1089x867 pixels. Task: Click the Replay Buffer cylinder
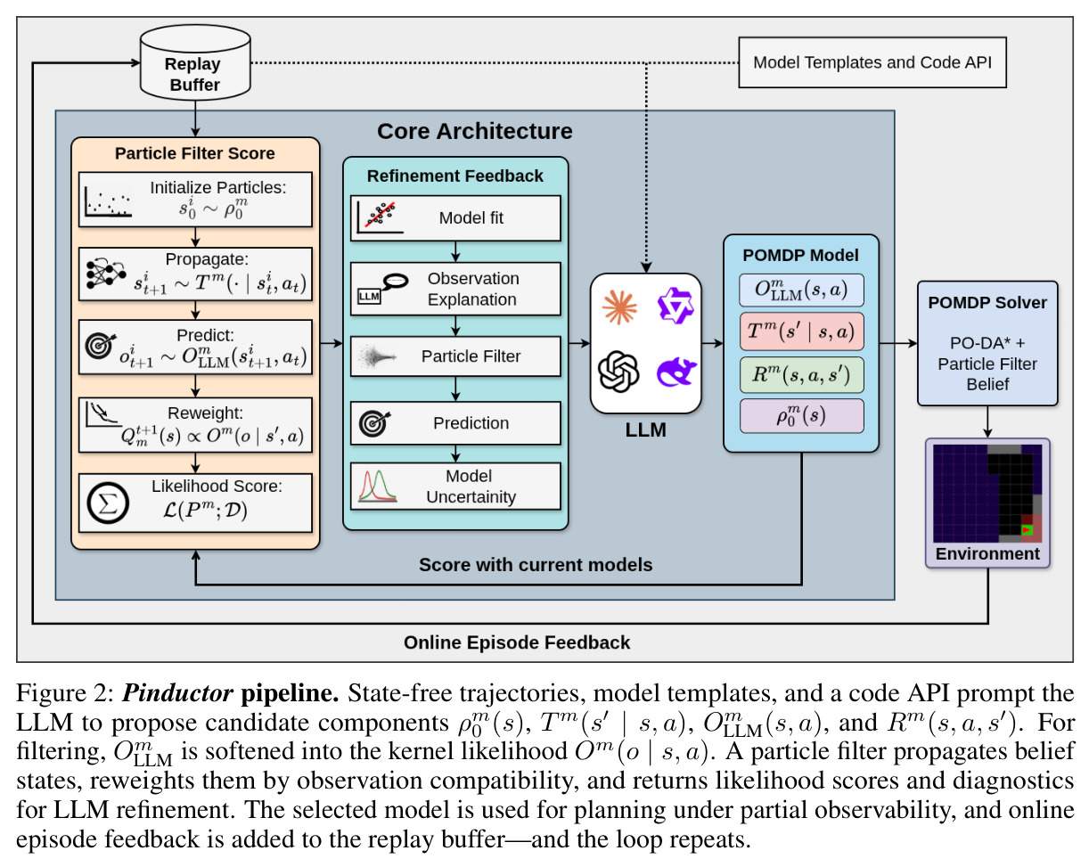click(195, 62)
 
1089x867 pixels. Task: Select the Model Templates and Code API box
click(872, 62)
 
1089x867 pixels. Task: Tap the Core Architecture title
click(474, 131)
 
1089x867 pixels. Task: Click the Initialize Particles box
click(195, 200)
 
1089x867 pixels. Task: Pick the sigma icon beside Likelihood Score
click(107, 503)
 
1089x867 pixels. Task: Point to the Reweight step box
click(195, 425)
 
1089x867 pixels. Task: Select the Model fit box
click(455, 217)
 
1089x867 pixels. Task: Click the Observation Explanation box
click(455, 289)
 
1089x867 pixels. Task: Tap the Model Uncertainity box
click(455, 486)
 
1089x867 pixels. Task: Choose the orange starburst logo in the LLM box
click(618, 307)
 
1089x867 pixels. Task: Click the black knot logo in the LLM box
click(618, 372)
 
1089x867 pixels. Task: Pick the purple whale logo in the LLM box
click(676, 372)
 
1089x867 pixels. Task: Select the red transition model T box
click(801, 331)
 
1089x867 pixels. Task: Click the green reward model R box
click(801, 374)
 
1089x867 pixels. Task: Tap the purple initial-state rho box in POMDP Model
click(801, 416)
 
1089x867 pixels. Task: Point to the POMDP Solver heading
click(987, 303)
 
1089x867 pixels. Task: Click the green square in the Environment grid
click(1027, 530)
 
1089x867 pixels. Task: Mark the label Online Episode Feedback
click(517, 642)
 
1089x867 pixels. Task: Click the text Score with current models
click(536, 564)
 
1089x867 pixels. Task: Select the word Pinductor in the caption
click(177, 693)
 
